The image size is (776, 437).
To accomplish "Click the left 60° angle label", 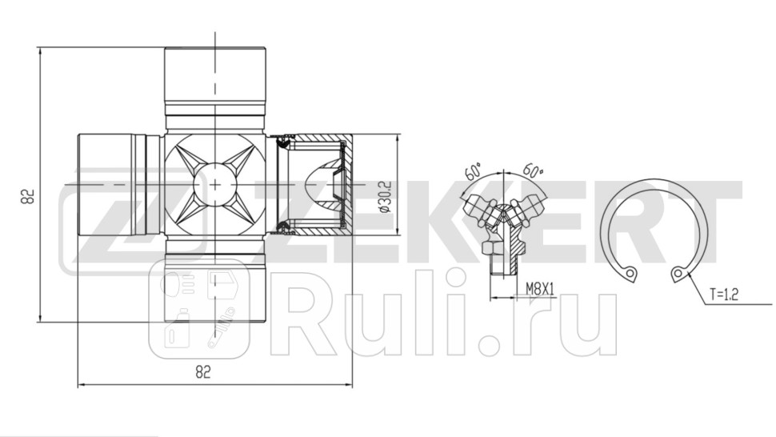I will [472, 170].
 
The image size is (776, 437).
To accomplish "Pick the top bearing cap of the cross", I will [214, 76].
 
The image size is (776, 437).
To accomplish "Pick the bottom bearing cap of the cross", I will [214, 292].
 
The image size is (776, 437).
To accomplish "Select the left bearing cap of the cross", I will [108, 185].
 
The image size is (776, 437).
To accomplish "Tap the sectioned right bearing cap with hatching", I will [316, 185].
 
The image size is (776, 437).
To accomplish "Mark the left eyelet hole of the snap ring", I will [630, 273].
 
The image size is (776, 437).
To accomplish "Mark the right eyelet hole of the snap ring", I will [679, 275].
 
